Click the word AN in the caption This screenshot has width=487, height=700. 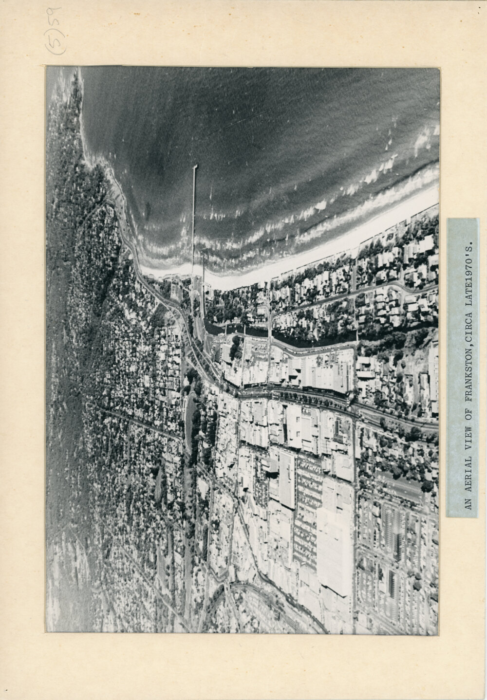(x=468, y=504)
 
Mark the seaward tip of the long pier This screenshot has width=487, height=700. (x=195, y=166)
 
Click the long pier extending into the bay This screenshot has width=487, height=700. (x=194, y=214)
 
